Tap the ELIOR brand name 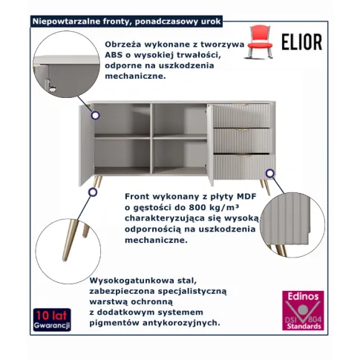point(302,42)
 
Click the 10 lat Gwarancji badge point(52,319)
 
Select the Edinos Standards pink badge point(303,310)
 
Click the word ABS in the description point(114,55)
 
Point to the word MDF point(246,197)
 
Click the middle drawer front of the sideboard point(241,141)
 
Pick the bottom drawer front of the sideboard point(244,167)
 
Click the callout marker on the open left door point(95,115)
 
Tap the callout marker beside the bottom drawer point(270,174)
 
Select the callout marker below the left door point(93,192)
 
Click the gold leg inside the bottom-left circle point(70,240)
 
